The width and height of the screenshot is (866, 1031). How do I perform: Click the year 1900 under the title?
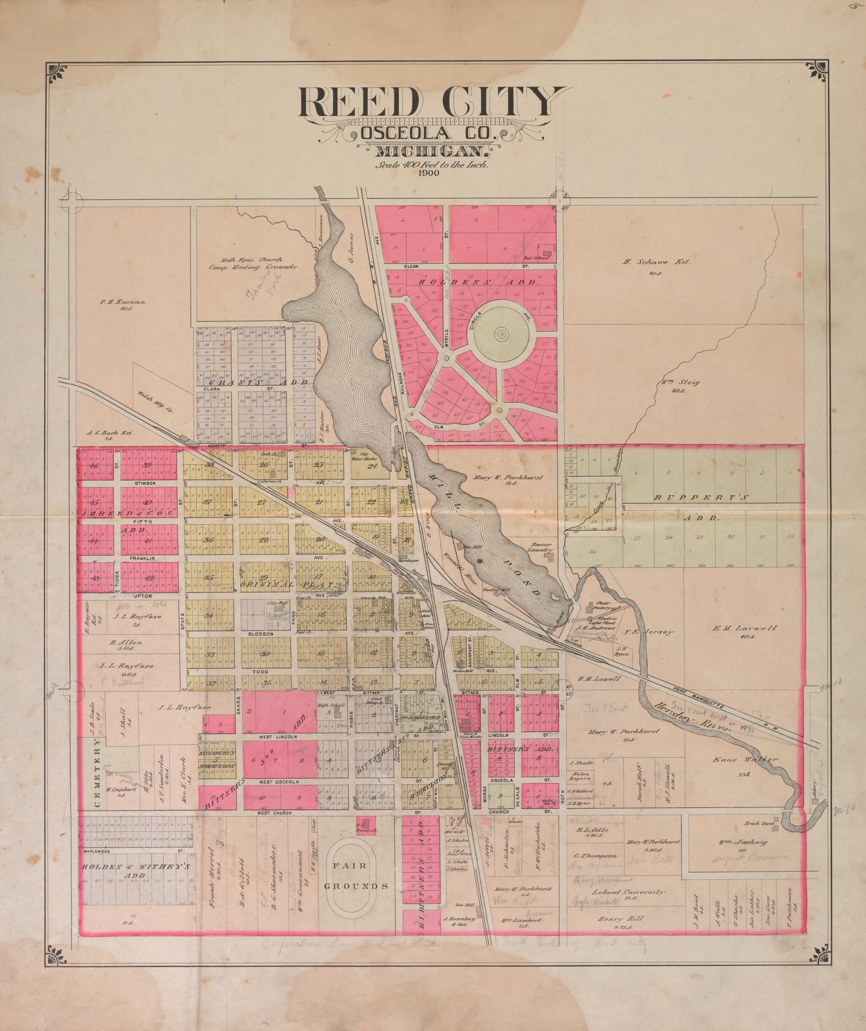(429, 173)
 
